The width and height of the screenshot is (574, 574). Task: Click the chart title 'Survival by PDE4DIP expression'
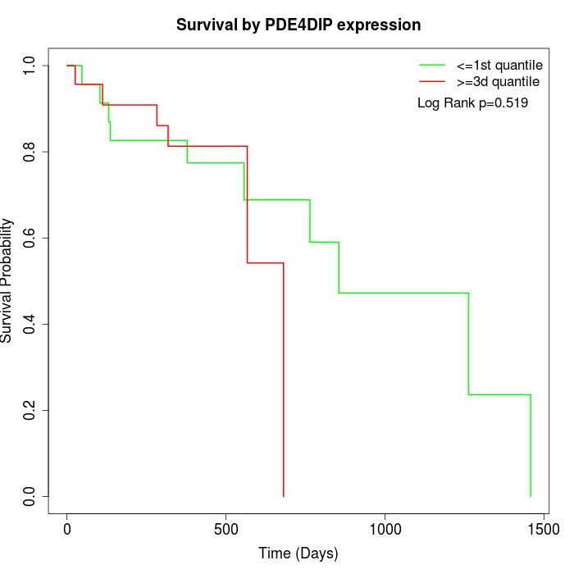[x=298, y=25]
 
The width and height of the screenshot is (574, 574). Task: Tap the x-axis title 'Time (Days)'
[x=298, y=553]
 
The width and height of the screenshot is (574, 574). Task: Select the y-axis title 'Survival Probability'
[x=7, y=280]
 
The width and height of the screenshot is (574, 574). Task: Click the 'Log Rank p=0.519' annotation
[x=472, y=103]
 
